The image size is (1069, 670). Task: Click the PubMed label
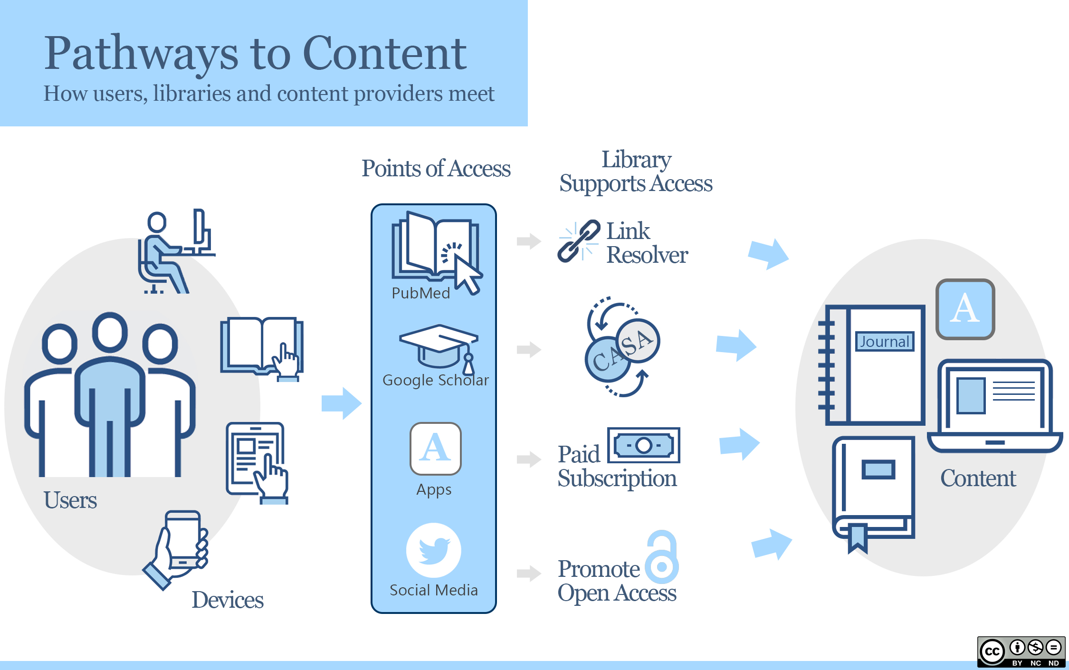click(420, 293)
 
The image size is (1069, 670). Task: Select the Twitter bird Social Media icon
click(433, 550)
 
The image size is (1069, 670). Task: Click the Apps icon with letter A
click(435, 449)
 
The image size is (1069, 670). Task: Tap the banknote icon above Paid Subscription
click(644, 445)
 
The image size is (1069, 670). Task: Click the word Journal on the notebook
click(885, 342)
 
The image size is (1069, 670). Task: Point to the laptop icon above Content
click(995, 406)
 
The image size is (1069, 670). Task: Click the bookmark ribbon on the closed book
click(857, 538)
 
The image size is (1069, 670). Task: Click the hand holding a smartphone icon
click(178, 549)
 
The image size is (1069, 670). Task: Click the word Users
click(70, 500)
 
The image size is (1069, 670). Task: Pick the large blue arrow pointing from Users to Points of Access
click(341, 403)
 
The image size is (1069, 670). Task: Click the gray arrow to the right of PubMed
click(529, 241)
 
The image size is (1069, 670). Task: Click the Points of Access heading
click(436, 169)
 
